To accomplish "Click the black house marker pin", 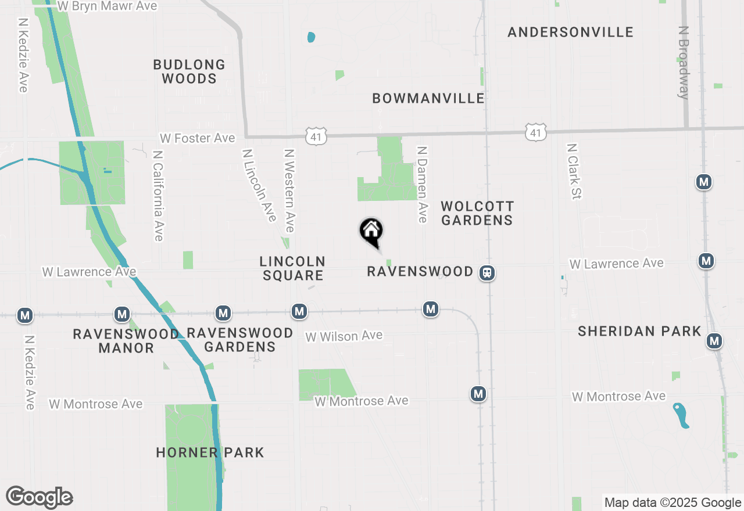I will tap(371, 232).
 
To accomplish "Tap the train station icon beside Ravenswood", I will tap(487, 272).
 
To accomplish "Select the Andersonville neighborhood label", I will tap(570, 32).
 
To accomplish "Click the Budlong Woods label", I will tap(189, 71).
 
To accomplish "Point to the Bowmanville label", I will tap(428, 98).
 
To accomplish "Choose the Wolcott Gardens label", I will tap(477, 213).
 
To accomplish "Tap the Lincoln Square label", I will tap(292, 268).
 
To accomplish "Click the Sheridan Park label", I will tap(639, 331).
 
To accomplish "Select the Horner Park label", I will tap(210, 452).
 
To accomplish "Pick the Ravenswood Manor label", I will tap(126, 341).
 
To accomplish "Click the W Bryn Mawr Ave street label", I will tap(108, 6).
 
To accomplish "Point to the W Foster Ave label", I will tap(198, 138).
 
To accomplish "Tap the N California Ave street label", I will tap(158, 196).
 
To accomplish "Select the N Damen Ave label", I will tap(423, 183).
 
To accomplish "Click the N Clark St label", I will tap(573, 171).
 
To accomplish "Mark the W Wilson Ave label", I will tap(344, 336).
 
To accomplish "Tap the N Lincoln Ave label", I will tap(259, 185).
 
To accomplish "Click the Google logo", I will tap(39, 497).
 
